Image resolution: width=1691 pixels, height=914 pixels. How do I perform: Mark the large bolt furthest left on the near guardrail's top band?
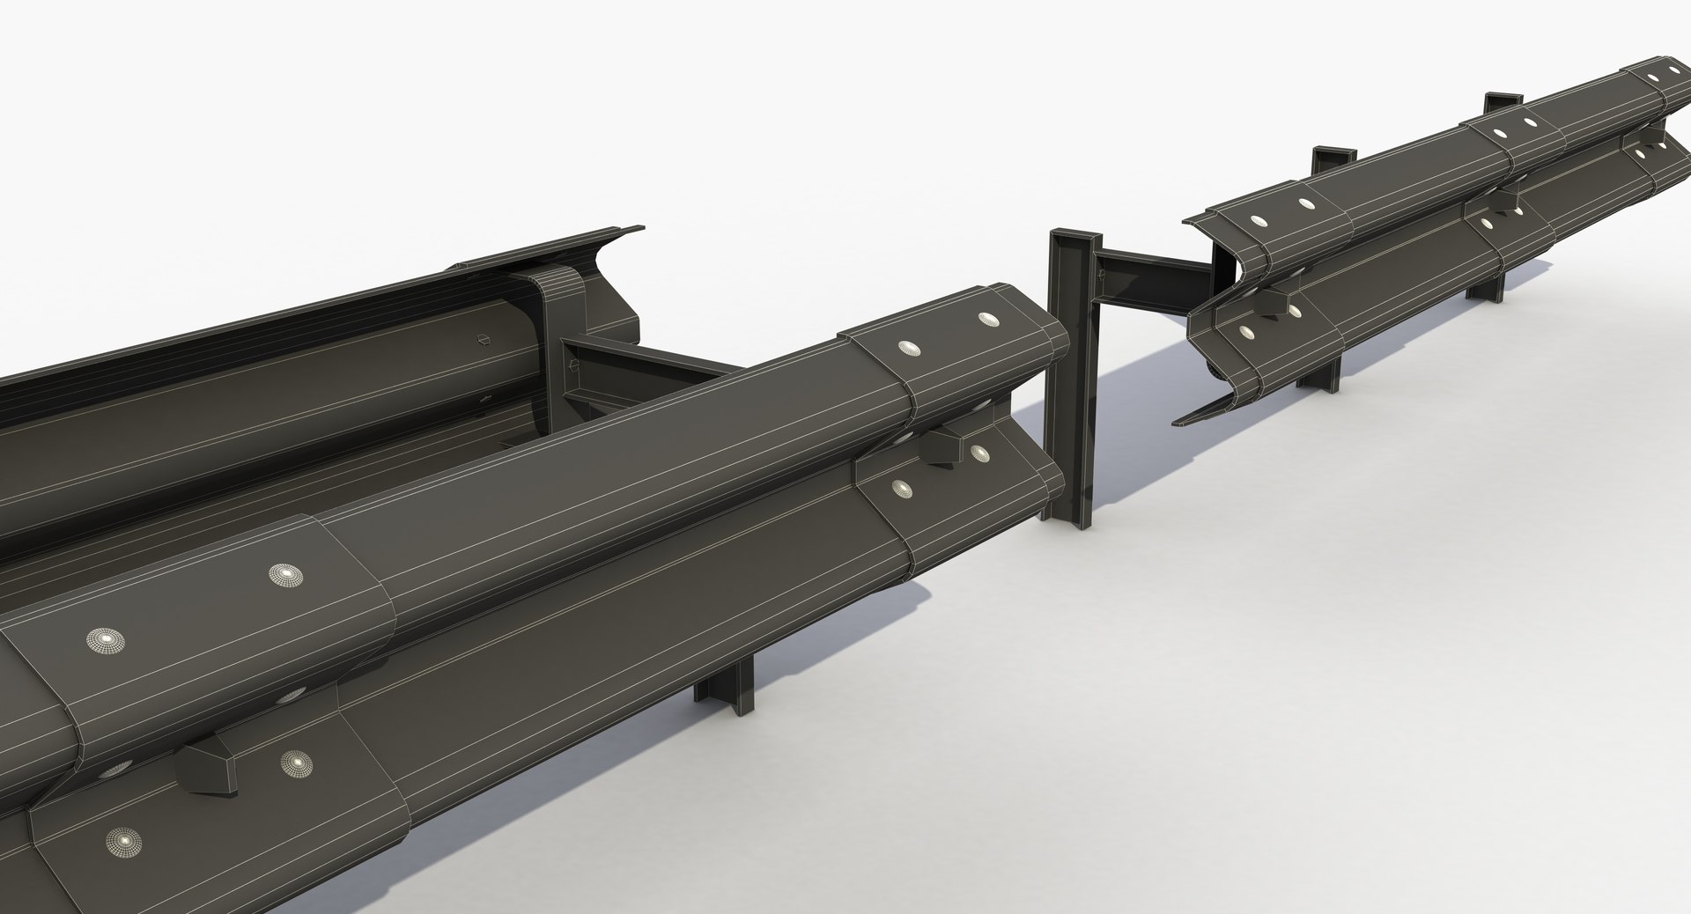pos(105,639)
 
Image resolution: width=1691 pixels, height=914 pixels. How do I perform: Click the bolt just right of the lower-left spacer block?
pos(297,761)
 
